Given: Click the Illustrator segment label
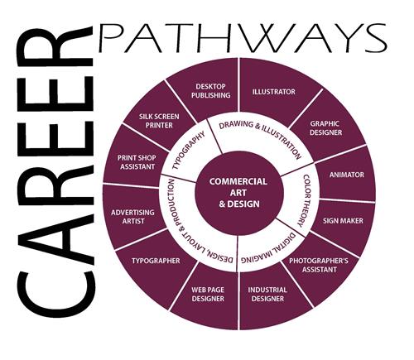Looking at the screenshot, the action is point(274,92).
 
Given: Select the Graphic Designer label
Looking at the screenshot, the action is point(325,128).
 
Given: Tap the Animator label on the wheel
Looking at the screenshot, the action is point(347,175).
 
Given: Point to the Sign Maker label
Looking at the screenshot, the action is point(343,221).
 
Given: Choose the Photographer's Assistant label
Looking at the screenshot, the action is point(319,265).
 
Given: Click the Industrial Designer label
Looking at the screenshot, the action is point(267,295).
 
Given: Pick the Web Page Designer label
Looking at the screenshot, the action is point(208,295).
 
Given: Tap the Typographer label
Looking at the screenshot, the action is point(156,261).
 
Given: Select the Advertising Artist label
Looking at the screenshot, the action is point(132,217).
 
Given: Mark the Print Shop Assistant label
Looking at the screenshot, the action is point(137,162).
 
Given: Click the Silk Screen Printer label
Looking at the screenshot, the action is point(159,121).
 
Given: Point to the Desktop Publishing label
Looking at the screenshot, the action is point(211,91).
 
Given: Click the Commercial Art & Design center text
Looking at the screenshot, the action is point(238,193).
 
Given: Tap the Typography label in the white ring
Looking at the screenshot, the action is point(188,151).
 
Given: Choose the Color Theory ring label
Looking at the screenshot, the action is point(304,200).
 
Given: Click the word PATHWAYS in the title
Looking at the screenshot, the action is point(243,38).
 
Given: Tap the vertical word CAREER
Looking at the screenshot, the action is point(55,171).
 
